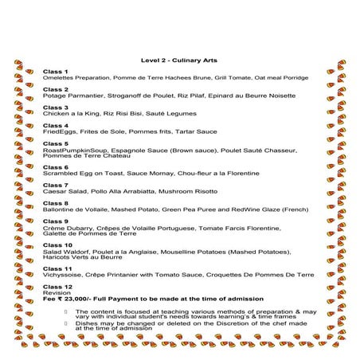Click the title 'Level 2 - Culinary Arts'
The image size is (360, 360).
click(x=178, y=61)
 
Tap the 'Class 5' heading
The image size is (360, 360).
click(x=55, y=143)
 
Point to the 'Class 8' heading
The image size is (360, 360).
click(x=55, y=203)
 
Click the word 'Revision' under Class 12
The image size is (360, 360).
click(x=56, y=292)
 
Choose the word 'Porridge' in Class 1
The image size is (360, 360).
click(x=295, y=78)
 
